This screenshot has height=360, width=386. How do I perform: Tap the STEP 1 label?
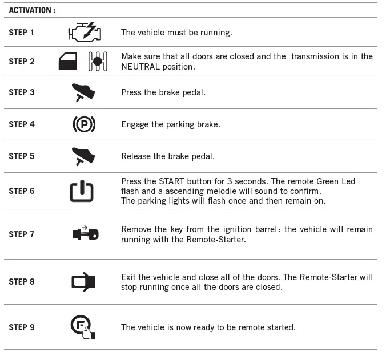(x=22, y=33)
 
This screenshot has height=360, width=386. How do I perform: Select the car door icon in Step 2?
(x=68, y=62)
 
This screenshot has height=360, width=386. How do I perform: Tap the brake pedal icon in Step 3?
(x=83, y=92)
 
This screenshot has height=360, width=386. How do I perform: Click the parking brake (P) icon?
(x=83, y=124)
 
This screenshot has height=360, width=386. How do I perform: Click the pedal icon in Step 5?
(x=83, y=156)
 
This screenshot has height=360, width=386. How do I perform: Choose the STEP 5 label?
(x=22, y=156)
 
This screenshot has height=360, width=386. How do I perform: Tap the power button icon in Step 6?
(x=82, y=191)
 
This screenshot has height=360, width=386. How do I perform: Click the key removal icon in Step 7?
(x=85, y=234)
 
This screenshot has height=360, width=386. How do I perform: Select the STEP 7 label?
(x=22, y=234)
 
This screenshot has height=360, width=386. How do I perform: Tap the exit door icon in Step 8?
(x=83, y=282)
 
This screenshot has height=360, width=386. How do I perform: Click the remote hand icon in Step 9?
(x=83, y=327)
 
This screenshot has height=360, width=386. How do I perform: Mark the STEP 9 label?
(x=22, y=327)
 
